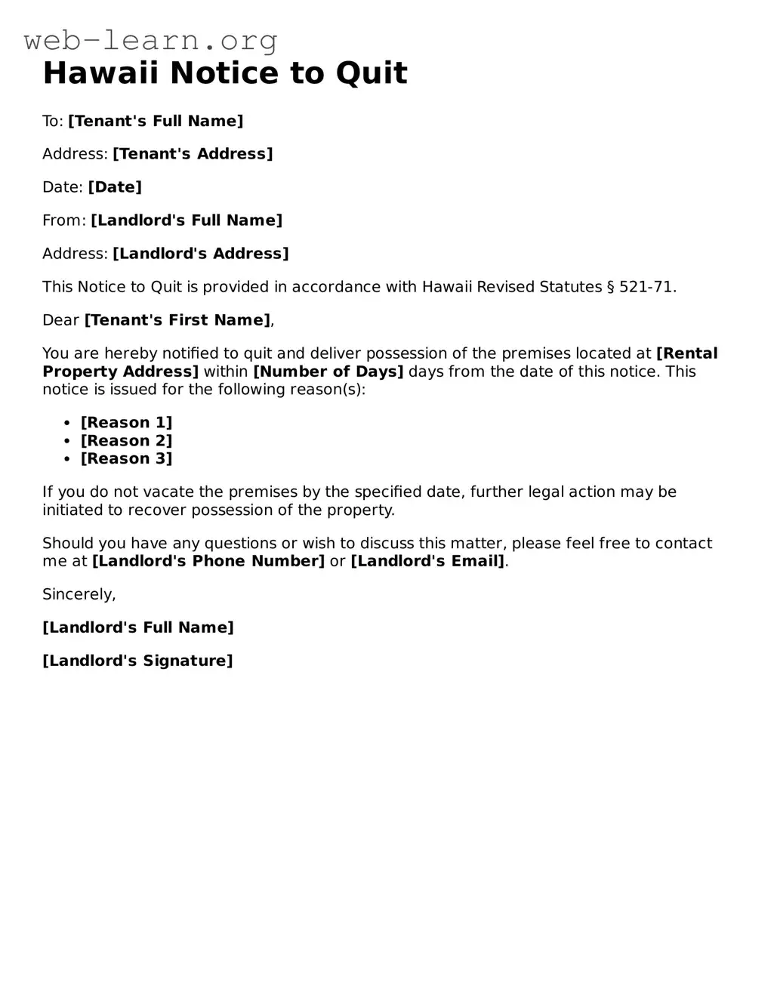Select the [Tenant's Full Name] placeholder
tap(156, 121)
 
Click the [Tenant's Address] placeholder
tap(193, 154)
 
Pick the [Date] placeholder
tap(115, 187)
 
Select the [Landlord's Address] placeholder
tap(201, 254)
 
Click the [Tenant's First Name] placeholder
tap(177, 320)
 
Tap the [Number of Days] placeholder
tap(328, 372)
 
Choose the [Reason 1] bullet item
tap(127, 423)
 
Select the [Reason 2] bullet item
tap(127, 441)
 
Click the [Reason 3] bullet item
tap(127, 459)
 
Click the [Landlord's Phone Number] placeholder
tap(208, 561)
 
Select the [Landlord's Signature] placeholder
tap(137, 661)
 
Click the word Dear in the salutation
tap(60, 320)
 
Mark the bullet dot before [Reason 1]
tap(67, 423)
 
